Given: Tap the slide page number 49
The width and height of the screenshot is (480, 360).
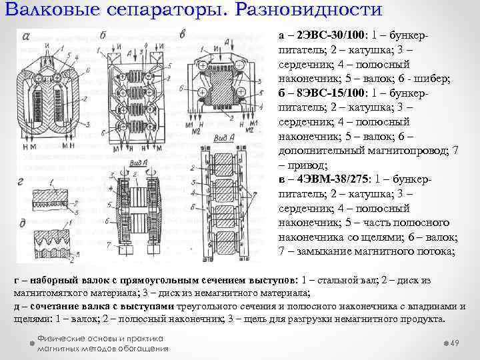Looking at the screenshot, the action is (456, 343).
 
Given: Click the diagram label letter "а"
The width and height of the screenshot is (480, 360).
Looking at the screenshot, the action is (25, 36).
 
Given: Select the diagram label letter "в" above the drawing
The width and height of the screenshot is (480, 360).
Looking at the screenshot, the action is (183, 34).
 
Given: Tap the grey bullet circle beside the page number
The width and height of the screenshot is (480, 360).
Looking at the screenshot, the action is (444, 342).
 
